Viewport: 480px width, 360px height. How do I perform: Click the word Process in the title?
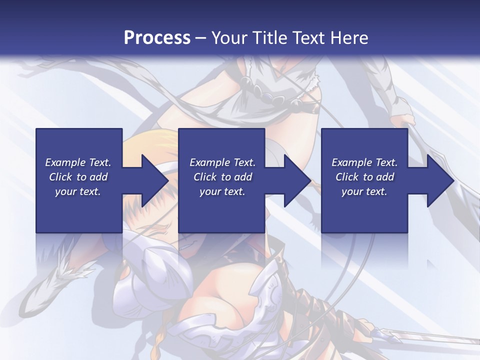point(157,38)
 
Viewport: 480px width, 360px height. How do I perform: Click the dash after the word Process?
point(200,38)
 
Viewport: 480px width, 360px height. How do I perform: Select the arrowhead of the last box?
point(439,181)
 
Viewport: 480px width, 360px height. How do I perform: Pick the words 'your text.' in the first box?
point(78,191)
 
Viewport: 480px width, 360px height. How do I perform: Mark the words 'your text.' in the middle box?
point(222,191)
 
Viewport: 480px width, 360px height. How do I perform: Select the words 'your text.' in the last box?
point(364,191)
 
